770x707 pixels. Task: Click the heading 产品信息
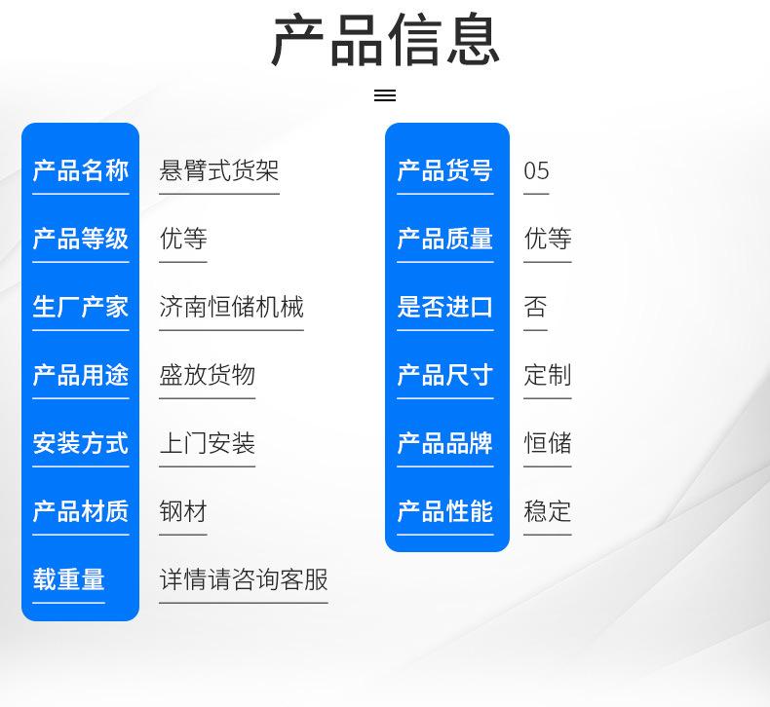(x=386, y=40)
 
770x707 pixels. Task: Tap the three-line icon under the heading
(x=385, y=95)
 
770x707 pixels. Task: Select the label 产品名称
(x=81, y=170)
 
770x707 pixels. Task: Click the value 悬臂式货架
(x=219, y=170)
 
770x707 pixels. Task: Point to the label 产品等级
(x=81, y=239)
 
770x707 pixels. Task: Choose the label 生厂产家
(x=81, y=307)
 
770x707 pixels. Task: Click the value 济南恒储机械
(x=231, y=307)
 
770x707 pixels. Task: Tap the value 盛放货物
(x=208, y=375)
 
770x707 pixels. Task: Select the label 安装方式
(x=81, y=443)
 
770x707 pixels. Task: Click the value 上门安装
(x=208, y=443)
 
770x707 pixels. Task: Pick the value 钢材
(x=183, y=511)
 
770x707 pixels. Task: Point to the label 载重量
(x=69, y=579)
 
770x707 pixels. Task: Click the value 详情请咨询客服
(x=244, y=579)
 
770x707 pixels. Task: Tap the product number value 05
(x=536, y=171)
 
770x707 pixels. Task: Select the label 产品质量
(x=444, y=239)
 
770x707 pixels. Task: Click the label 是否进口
(x=444, y=307)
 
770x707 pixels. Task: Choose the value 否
(x=535, y=307)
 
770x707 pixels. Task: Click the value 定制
(x=548, y=375)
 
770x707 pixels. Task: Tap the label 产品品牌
(x=444, y=443)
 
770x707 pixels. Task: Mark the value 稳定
(x=548, y=511)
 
